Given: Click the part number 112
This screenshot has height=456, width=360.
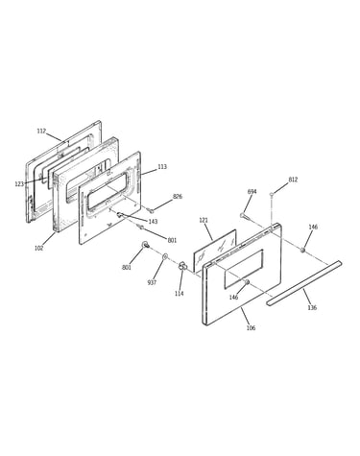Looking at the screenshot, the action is pos(41,131).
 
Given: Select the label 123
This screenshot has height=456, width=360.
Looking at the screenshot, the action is pos(19,184).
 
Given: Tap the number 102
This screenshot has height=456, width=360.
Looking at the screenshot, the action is pos(39,248).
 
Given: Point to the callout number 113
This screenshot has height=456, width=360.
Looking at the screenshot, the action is pos(162,167).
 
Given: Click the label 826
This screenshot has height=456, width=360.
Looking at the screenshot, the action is pos(178,196).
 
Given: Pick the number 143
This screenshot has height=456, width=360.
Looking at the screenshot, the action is pos(153,222).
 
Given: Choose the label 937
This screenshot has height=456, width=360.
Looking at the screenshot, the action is pos(152,282).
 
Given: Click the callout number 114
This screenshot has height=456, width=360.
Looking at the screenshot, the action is pos(180,294).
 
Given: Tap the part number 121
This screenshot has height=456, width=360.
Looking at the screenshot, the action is pos(204,220).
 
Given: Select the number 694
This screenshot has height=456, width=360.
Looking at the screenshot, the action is pos(252,191).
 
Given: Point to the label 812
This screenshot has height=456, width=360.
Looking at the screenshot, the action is pos(293,180).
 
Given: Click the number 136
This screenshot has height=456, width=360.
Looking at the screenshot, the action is pos(312,307).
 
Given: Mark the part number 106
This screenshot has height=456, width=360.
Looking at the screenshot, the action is pos(251,328).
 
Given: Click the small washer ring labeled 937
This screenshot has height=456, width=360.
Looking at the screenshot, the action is pos(165,256).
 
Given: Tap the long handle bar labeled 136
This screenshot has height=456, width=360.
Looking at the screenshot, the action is pos(304,283).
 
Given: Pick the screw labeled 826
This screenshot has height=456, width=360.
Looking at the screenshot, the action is pos(151,210).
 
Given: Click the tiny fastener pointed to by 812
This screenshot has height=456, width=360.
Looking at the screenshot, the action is pos(272,194).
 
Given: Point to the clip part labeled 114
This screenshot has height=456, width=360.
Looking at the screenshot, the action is pos(182,265).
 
